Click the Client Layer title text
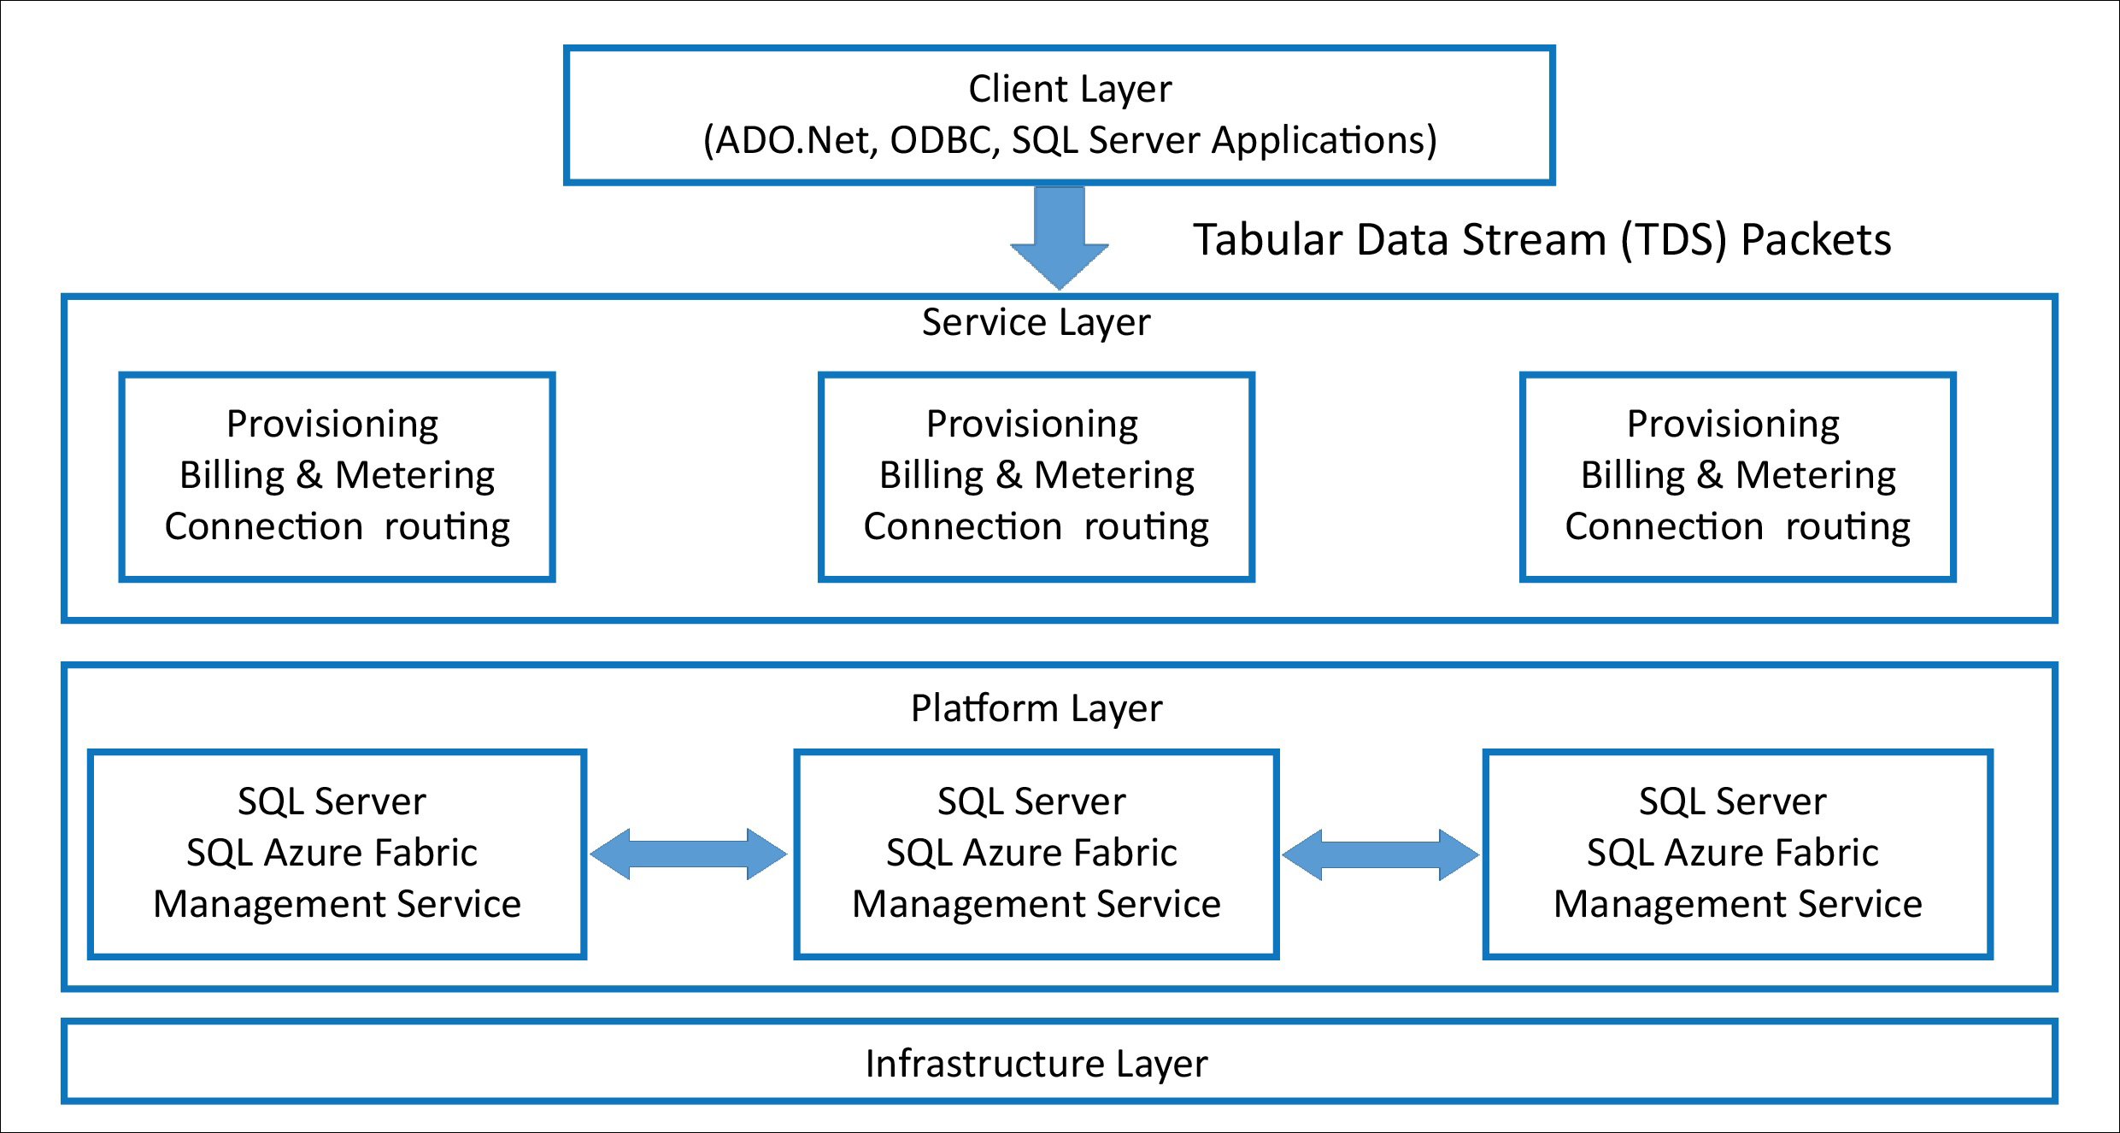pos(1069,89)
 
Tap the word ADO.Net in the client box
pos(796,141)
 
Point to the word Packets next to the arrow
pos(1816,240)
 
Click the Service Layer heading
pos(1036,323)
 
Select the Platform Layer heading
pos(1036,708)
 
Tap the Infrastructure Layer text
pos(1036,1064)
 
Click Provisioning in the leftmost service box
pos(332,425)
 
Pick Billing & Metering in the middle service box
pos(1037,476)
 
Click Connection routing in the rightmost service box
pos(1737,527)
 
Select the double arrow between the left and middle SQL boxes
pos(689,854)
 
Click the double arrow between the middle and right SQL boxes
pos(1381,854)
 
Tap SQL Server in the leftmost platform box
pos(332,801)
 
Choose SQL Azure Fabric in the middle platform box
pos(1031,853)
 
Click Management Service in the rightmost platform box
pos(1737,904)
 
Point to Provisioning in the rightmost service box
pos(1733,425)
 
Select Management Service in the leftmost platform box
pos(337,904)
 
